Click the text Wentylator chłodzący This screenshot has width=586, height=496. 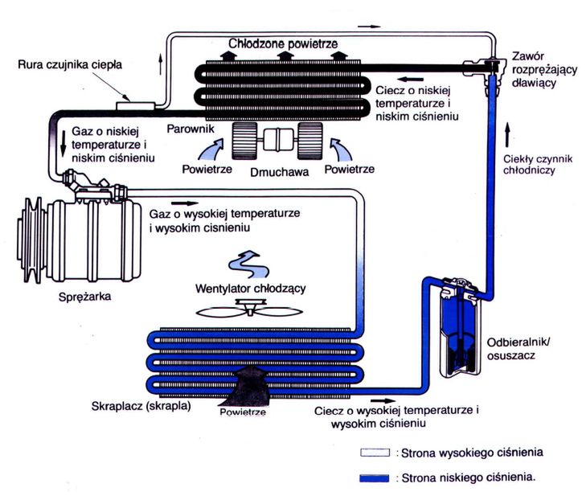(x=250, y=289)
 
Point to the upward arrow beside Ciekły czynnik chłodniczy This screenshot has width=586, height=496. (x=507, y=131)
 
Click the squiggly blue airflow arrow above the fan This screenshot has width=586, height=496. (x=248, y=263)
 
